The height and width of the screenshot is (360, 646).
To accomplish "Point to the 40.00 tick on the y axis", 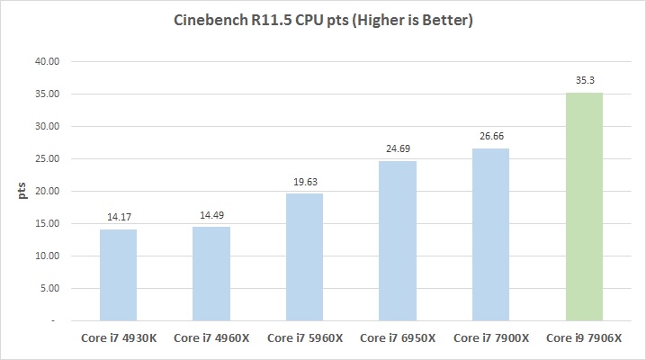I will point(45,62).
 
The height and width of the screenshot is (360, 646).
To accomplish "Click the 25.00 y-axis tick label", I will point(45,159).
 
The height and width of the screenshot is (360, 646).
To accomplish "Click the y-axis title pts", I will point(15,191).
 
